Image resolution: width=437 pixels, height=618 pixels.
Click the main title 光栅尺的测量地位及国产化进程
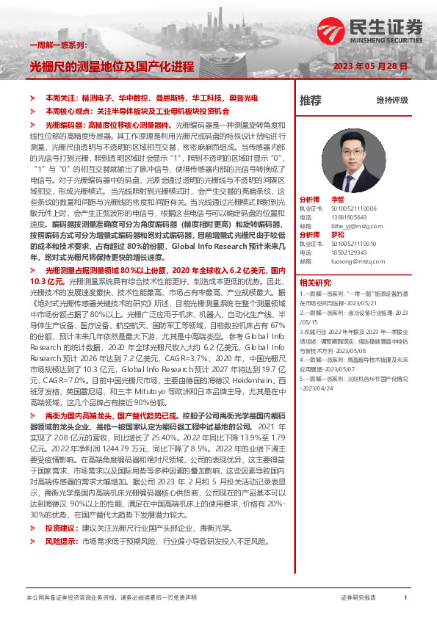pyautogui.click(x=111, y=66)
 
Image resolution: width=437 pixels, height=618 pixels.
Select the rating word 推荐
pyautogui.click(x=311, y=100)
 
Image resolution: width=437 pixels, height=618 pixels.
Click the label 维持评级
pyautogui.click(x=391, y=100)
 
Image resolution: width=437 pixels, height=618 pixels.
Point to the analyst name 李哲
pyautogui.click(x=337, y=199)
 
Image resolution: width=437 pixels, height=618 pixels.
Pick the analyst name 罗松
pyautogui.click(x=337, y=234)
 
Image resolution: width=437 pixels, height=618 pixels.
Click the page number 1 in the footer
pyautogui.click(x=405, y=598)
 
